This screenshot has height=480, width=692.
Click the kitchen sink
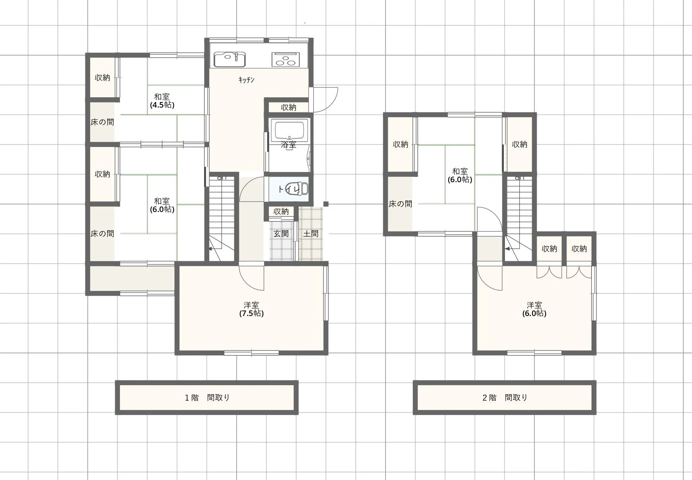(x=230, y=59)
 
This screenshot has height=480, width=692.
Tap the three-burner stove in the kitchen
(x=286, y=59)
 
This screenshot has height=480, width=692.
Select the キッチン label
(x=247, y=80)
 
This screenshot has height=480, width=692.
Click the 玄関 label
(x=281, y=234)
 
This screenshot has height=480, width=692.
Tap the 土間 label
(x=311, y=234)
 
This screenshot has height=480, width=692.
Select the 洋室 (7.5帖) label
(x=251, y=309)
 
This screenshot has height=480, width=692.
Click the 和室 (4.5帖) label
(x=162, y=101)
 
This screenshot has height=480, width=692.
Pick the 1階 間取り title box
(x=207, y=397)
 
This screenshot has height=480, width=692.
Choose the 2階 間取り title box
(x=505, y=397)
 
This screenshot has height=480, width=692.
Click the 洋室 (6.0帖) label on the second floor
(x=534, y=309)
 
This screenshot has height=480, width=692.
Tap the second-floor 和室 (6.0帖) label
(x=460, y=175)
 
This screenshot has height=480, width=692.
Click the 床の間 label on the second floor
(x=400, y=204)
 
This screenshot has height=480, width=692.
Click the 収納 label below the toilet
(x=281, y=212)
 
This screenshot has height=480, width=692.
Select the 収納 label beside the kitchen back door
(x=289, y=107)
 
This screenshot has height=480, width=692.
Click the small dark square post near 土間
(x=326, y=204)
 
